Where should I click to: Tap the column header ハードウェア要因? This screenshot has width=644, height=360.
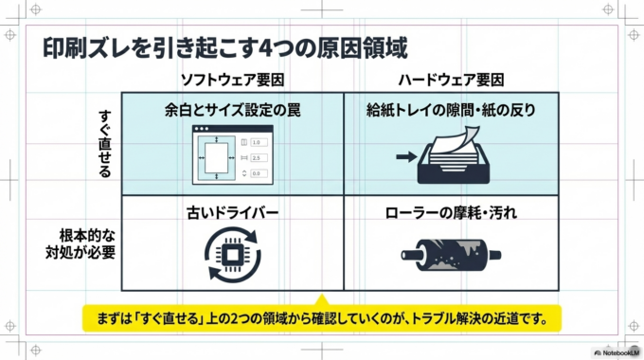(452, 80)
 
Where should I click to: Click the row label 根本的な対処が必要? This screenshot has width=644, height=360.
(87, 243)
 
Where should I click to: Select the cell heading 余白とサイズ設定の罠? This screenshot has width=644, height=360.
(232, 110)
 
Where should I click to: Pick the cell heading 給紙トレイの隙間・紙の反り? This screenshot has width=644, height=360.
(452, 110)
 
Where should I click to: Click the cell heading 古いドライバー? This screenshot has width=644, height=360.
(232, 213)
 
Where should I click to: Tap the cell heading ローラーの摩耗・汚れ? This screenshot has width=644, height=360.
(452, 213)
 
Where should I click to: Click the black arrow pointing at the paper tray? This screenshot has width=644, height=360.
(405, 157)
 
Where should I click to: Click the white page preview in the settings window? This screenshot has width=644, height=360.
(214, 157)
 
